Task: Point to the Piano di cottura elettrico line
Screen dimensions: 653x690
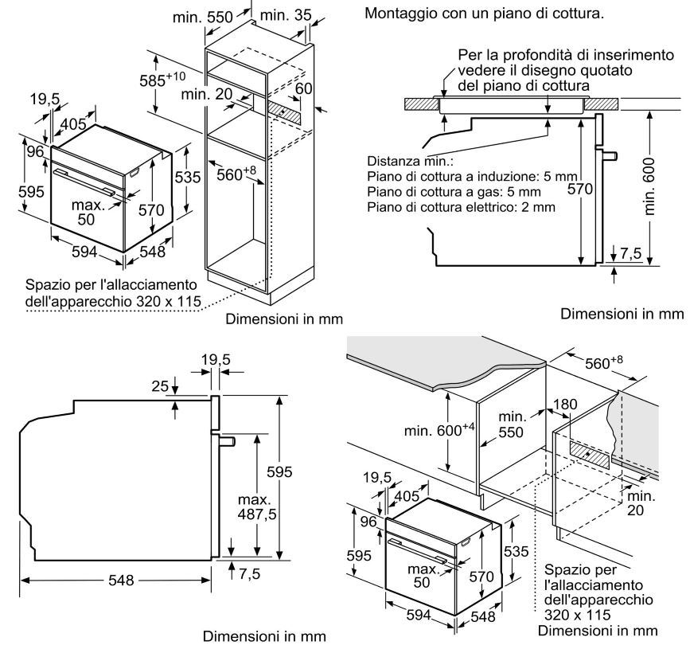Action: pyautogui.click(x=461, y=207)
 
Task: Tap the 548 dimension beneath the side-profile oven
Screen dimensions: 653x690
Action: pyautogui.click(x=121, y=581)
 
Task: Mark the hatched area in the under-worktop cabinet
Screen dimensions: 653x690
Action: pyautogui.click(x=590, y=456)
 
